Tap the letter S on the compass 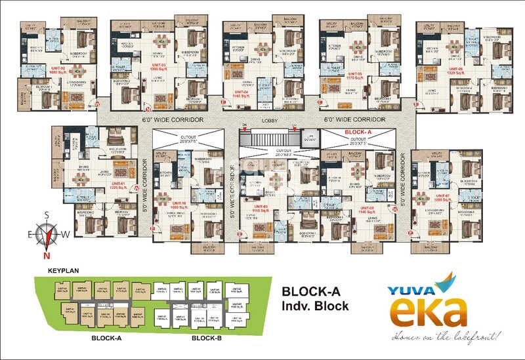tap(47, 214)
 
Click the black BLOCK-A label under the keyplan tap(106, 340)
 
